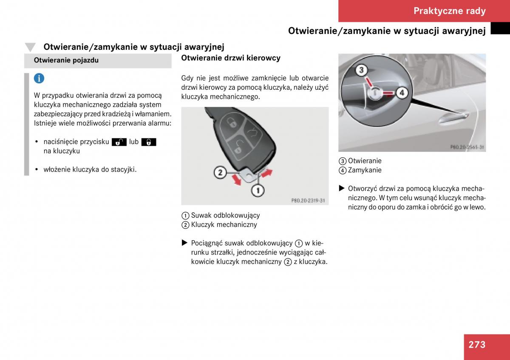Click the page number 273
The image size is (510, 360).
tap(477, 344)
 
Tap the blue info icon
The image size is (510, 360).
tap(39, 79)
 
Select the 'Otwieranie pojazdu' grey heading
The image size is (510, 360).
tap(66, 60)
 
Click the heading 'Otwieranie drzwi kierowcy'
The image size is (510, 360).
tap(231, 58)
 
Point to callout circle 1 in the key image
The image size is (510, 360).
tap(258, 190)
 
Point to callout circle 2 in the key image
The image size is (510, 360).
tap(220, 173)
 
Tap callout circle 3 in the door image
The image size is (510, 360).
tap(361, 70)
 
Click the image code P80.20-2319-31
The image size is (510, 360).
tap(308, 200)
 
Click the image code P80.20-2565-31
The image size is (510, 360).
tap(467, 147)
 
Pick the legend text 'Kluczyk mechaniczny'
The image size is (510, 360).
tap(224, 225)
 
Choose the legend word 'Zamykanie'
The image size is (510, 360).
tap(365, 170)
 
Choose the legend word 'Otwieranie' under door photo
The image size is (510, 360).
tap(365, 161)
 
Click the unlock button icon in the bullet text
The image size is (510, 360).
tap(119, 142)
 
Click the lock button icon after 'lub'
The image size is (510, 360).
tap(149, 142)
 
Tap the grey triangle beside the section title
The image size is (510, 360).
tap(30, 47)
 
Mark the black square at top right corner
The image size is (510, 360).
tap(500, 28)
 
